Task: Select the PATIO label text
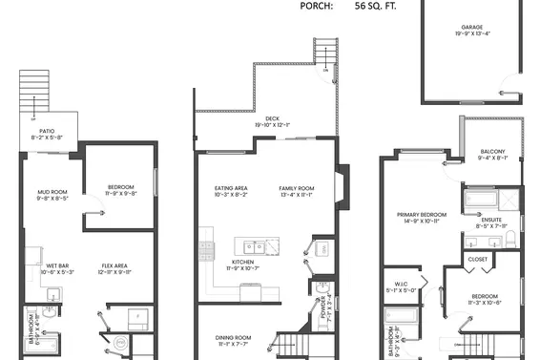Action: (46, 133)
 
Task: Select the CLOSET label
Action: (478, 259)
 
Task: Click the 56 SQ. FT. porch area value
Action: (375, 6)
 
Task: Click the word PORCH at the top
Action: (316, 6)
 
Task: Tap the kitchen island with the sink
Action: (260, 245)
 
